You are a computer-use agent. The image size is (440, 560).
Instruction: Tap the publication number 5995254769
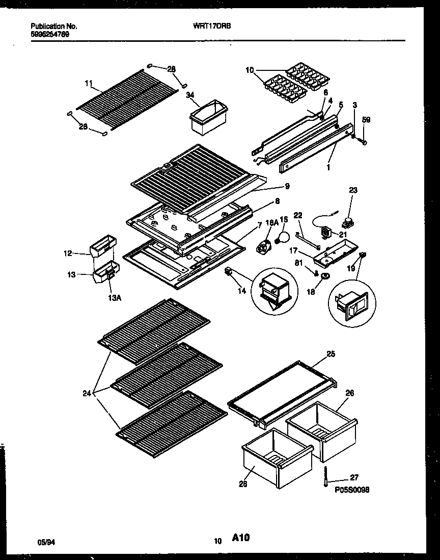pyautogui.click(x=50, y=35)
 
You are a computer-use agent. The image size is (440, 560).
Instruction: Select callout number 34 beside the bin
pyautogui.click(x=190, y=94)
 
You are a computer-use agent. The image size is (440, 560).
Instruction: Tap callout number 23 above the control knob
pyautogui.click(x=353, y=190)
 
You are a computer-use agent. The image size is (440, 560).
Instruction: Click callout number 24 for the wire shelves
pyautogui.click(x=88, y=393)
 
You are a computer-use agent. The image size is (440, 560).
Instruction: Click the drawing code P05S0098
pyautogui.click(x=352, y=489)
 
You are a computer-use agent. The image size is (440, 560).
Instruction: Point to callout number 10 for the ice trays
pyautogui.click(x=249, y=69)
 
